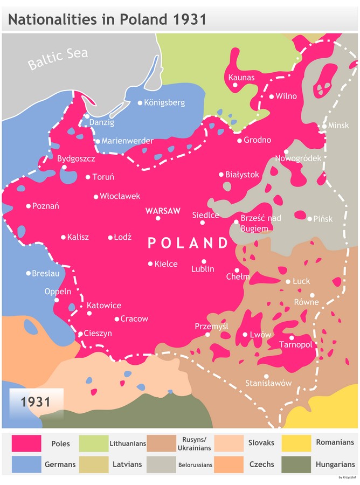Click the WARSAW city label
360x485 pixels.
pos(163,211)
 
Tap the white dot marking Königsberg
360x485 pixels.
pos(140,102)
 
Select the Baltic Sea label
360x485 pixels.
pos(58,59)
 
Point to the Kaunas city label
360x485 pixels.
pos(241,77)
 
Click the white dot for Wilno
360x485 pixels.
pos(272,96)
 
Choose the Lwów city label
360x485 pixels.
pos(260,335)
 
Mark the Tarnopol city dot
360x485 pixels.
pos(292,338)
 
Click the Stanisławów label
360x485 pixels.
pos(268,383)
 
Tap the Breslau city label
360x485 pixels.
pos(45,273)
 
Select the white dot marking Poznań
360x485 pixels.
pos(29,206)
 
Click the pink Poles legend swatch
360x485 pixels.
pos(26,443)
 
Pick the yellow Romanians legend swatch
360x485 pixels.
pos(296,443)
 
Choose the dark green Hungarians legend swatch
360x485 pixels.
pos(296,464)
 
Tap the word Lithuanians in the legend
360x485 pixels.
pos(128,444)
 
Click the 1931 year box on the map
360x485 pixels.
pos(36,402)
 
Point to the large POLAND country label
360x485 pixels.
pos(188,243)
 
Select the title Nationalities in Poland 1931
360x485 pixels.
pos(107,20)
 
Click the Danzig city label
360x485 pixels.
pos(101,122)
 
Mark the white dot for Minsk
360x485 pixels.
pos(324,126)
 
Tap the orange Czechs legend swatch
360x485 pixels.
pos(229,464)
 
